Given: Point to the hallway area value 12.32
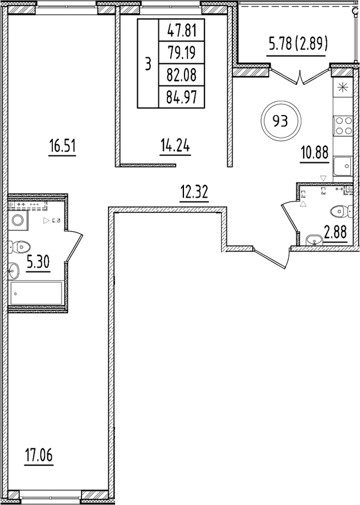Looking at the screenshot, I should click(x=195, y=193).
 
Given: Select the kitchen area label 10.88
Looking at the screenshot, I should click(x=312, y=154).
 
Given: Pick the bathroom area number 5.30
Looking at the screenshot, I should click(x=38, y=262).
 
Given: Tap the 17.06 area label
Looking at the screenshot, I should click(x=39, y=455).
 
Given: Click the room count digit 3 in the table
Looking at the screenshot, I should click(x=148, y=63).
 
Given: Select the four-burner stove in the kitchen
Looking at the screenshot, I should click(x=343, y=125).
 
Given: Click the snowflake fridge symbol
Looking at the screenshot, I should click(x=343, y=88).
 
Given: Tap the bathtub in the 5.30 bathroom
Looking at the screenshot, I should click(x=37, y=294).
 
